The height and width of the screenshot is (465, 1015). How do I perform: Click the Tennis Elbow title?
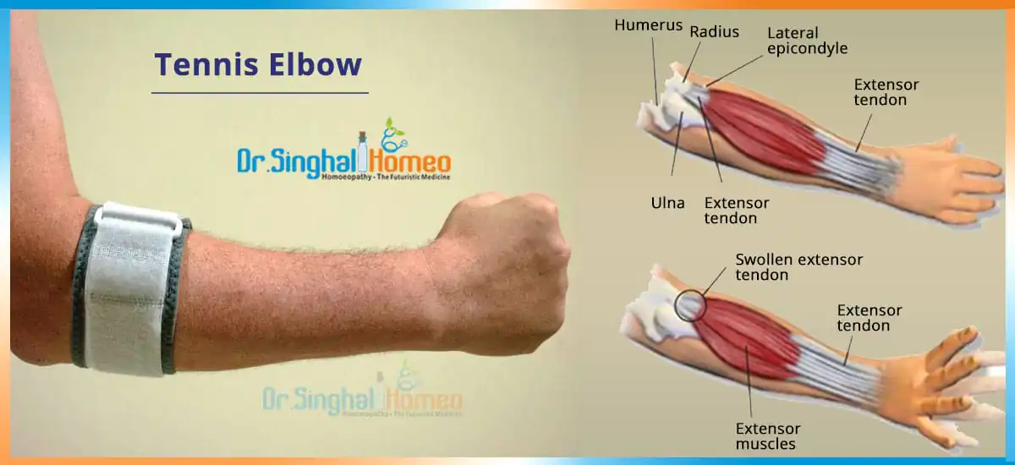(258, 65)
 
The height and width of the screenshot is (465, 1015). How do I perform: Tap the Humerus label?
(649, 25)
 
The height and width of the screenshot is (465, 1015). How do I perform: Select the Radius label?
(714, 31)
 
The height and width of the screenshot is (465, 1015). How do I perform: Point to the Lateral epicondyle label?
(807, 41)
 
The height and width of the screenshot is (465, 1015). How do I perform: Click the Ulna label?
(667, 203)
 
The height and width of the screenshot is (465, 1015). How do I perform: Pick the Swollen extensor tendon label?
(798, 267)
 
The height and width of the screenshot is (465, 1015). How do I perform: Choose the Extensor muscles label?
(768, 436)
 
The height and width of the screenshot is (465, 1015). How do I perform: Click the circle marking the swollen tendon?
(675, 306)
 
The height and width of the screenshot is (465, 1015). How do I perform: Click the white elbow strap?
(129, 290)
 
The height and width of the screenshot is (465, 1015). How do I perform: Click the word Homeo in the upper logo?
(410, 162)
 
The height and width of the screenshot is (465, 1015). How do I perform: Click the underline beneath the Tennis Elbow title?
(260, 93)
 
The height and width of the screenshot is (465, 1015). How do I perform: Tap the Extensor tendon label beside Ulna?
(737, 211)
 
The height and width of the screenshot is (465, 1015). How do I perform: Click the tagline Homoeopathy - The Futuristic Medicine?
(386, 177)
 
